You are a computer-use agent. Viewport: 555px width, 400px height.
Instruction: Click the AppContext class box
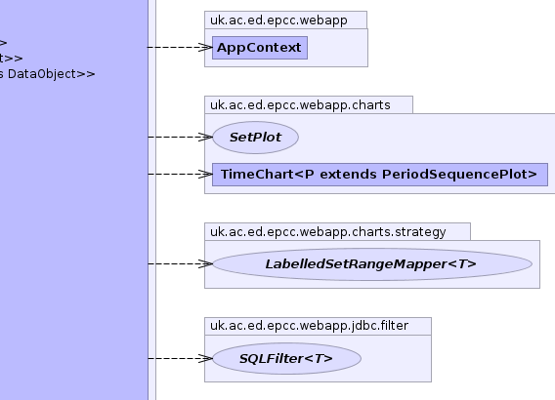click(x=260, y=48)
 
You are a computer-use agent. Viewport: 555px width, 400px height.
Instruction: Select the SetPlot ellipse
click(x=256, y=138)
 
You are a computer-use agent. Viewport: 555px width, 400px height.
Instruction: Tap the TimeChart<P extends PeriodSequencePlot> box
click(x=380, y=175)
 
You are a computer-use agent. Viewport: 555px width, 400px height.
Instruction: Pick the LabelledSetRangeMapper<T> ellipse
click(x=372, y=264)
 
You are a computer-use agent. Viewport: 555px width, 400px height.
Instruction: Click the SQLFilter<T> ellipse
click(x=286, y=359)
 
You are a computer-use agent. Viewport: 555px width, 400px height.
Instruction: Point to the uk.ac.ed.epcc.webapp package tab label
click(x=278, y=20)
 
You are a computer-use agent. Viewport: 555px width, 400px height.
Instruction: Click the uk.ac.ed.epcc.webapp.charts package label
click(x=300, y=105)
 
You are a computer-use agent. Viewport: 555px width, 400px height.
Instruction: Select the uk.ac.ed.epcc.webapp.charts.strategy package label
click(x=327, y=232)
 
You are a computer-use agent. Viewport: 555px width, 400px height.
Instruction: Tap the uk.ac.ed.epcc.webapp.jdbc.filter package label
click(x=309, y=326)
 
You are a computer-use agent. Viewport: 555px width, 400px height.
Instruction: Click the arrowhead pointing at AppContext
click(x=206, y=48)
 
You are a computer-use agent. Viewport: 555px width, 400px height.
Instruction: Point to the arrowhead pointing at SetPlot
click(x=206, y=138)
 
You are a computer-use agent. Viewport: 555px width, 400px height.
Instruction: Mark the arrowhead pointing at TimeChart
click(x=206, y=175)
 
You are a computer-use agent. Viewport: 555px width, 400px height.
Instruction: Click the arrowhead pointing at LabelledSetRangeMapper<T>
click(x=206, y=264)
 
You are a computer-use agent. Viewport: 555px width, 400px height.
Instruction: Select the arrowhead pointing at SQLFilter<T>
click(x=206, y=359)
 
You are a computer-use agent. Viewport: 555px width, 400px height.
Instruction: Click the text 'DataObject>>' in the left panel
click(x=52, y=74)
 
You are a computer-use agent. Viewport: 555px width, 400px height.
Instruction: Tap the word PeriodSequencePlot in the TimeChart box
click(x=459, y=175)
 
